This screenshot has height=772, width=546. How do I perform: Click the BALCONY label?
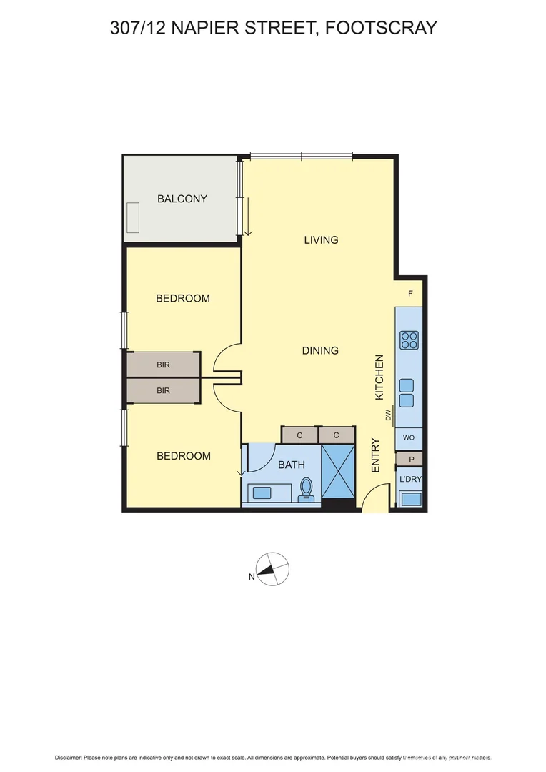tap(182, 199)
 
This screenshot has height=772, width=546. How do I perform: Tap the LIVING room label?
tap(321, 240)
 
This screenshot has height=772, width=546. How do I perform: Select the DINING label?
tap(320, 351)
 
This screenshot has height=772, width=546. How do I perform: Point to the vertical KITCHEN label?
tap(380, 377)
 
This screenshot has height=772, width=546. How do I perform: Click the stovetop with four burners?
tap(409, 340)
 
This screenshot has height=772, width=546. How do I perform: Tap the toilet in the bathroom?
tap(307, 488)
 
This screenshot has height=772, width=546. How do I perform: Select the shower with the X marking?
tap(338, 469)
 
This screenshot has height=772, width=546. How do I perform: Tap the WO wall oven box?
tap(409, 437)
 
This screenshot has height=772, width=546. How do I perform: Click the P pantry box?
tap(411, 460)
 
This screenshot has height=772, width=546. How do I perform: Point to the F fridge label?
tap(410, 294)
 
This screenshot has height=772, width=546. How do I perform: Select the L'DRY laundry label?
tap(410, 479)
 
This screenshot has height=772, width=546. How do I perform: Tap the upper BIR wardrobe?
tap(164, 365)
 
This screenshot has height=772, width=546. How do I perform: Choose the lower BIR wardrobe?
tap(164, 390)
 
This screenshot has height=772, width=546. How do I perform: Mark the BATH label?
tap(292, 465)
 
